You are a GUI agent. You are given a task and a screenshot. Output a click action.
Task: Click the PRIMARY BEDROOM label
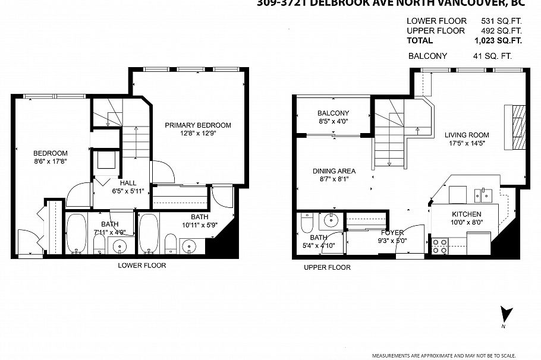(x=198, y=125)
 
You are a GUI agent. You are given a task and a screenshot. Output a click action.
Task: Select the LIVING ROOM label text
(x=467, y=135)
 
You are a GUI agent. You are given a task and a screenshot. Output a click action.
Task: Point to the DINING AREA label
(x=334, y=171)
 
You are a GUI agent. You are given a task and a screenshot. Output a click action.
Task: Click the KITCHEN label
(x=466, y=214)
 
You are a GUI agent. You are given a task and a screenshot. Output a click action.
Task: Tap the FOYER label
(x=392, y=232)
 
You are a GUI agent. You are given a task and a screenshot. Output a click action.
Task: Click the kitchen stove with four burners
(x=439, y=246)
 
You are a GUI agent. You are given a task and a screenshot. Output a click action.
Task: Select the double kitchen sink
(x=485, y=194)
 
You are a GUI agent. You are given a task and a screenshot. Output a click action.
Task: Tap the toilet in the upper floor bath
(x=307, y=223)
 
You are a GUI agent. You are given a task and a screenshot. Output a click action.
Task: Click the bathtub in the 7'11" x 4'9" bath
(x=77, y=234)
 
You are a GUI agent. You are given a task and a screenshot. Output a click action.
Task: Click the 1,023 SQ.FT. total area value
(x=498, y=41)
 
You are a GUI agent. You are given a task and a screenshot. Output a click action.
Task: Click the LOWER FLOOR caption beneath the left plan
(x=141, y=266)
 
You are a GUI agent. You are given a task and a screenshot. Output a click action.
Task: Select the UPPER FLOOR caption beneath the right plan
(x=327, y=267)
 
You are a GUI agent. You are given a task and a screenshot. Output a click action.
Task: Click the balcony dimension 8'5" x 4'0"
(x=333, y=122)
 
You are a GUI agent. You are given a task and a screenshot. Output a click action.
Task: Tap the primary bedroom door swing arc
(x=163, y=172)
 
